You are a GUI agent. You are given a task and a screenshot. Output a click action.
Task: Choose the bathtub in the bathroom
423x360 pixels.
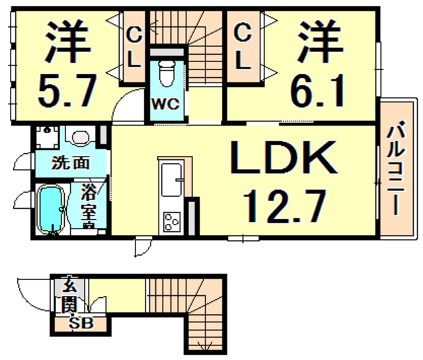[x=50, y=209]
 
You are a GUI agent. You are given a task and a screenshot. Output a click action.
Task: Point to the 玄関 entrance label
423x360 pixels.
[x=70, y=295]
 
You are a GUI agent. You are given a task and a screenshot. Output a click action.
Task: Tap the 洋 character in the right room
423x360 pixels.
[x=317, y=41]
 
